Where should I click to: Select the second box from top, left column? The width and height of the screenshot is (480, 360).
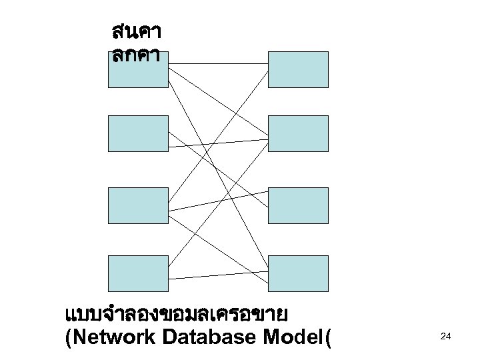tap(138, 133)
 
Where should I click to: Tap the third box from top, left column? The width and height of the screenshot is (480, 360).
tap(138, 205)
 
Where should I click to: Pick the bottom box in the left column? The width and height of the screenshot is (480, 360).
tap(138, 273)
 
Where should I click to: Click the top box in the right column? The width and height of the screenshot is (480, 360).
tap(298, 69)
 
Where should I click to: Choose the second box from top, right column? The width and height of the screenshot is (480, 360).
tap(298, 133)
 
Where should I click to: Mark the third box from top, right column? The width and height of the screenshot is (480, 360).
tap(298, 205)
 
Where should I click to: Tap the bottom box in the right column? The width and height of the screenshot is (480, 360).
tap(298, 273)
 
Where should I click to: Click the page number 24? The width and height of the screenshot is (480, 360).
tap(446, 338)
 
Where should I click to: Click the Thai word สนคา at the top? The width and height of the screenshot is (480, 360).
tap(138, 32)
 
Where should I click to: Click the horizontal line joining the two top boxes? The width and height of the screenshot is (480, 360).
tap(218, 64)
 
